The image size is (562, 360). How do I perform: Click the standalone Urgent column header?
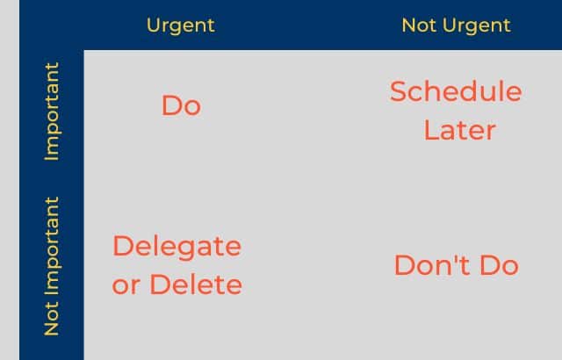pos(181,25)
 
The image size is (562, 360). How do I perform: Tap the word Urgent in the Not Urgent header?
pos(476,25)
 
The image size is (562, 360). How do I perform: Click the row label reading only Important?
pos(51,112)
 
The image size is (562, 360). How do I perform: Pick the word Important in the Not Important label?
pos(51,246)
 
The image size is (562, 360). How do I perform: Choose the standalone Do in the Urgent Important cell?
pos(181,105)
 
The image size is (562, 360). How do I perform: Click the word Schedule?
pos(456,91)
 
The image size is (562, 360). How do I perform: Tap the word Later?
pos(460,130)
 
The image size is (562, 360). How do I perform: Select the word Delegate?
pos(177,247)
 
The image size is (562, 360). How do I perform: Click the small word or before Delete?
pos(126,285)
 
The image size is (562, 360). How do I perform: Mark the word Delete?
pos(196,284)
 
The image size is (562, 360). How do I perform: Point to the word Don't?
pos(434,265)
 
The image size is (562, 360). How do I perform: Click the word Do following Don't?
pos(500,265)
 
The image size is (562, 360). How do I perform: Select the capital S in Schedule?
pos(399,91)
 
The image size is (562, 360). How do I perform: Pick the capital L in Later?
pos(431,130)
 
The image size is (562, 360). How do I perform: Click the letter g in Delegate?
pos(185,250)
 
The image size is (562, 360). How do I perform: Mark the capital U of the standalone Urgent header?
pos(154,25)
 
